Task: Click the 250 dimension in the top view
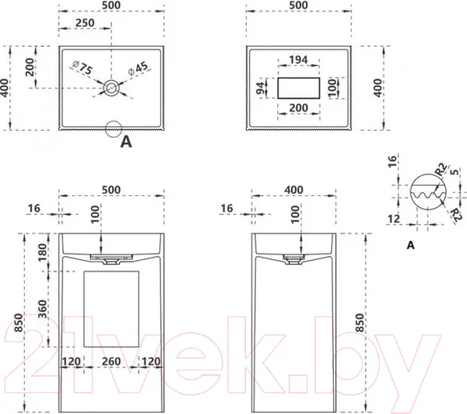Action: coord(85,23)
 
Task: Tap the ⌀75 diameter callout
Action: coord(83,68)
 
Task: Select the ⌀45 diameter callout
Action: coord(138,68)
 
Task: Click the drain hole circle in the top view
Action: coord(111,88)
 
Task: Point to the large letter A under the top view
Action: coord(126,142)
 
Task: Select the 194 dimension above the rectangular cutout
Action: coord(298,60)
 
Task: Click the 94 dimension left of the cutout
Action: coord(260,88)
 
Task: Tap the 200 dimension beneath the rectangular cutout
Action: coord(299,107)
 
